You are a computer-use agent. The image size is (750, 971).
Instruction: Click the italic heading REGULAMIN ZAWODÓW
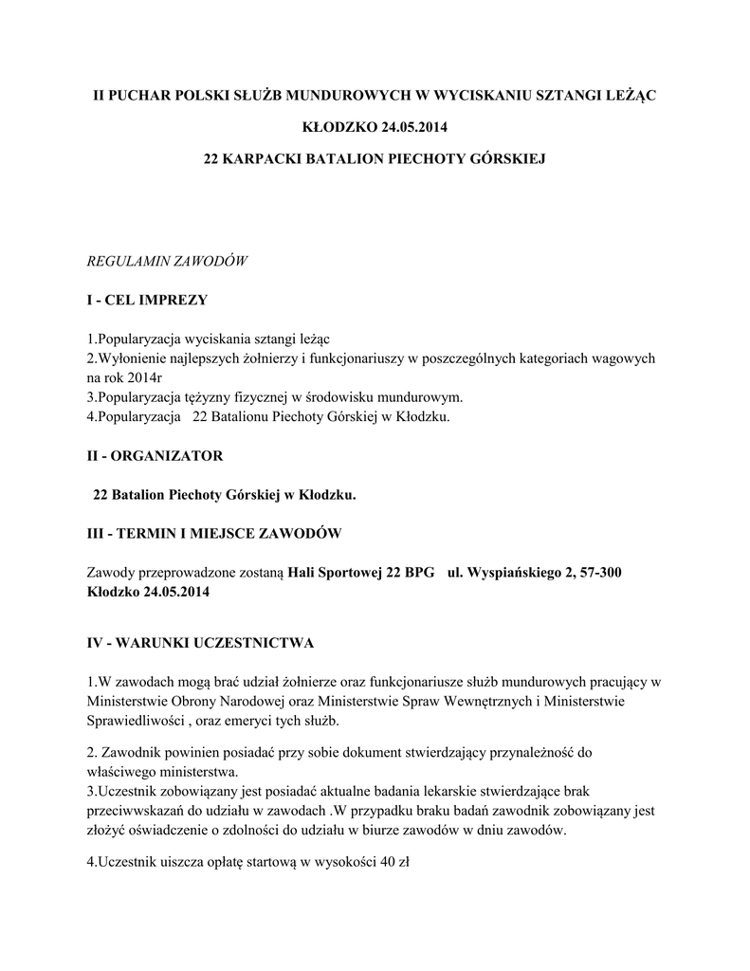point(167,261)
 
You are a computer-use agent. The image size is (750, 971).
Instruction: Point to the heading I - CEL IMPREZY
point(147,301)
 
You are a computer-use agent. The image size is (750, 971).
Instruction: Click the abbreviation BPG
point(418,573)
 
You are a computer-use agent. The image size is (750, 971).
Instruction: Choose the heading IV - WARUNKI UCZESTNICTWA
point(200,643)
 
